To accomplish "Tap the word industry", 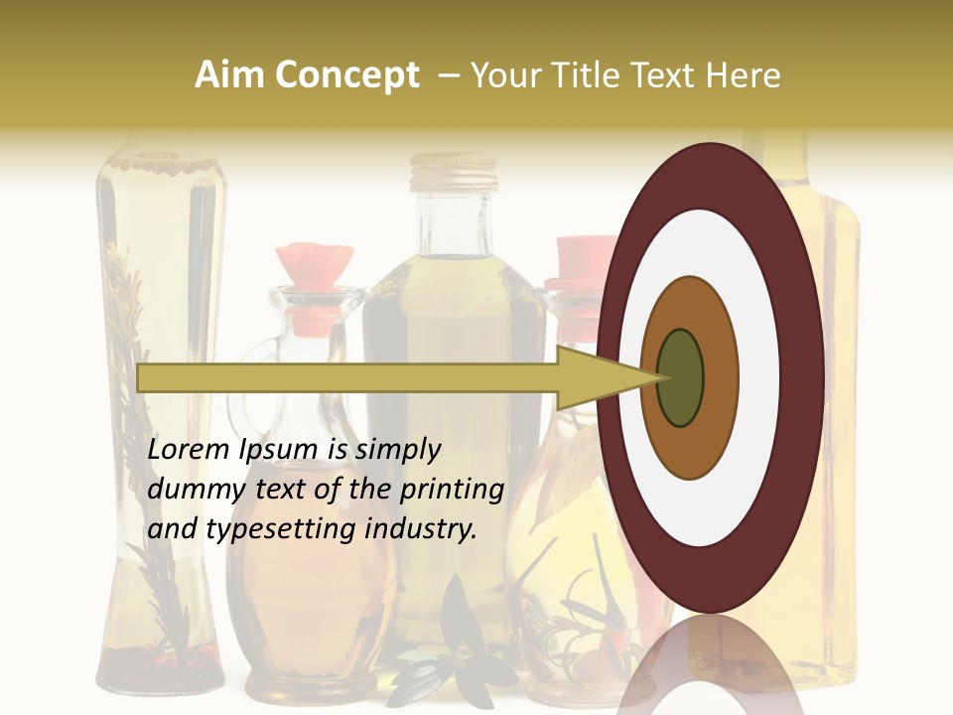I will [x=421, y=529].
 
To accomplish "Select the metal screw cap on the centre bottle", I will [x=453, y=173].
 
